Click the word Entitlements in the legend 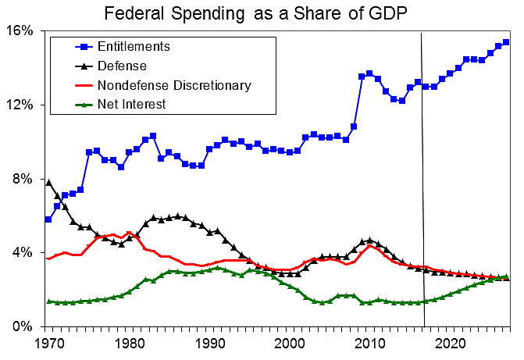pos(134,47)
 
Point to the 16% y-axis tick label pos(21,30)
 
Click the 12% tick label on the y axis pos(21,105)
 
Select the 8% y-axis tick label pos(24,179)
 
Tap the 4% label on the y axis pos(24,253)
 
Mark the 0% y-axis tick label pos(24,326)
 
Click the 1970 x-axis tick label pos(48,344)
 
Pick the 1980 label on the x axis pos(129,344)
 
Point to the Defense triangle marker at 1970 pos(48,182)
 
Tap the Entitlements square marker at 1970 pos(48,219)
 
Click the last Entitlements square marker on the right pos(506,42)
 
